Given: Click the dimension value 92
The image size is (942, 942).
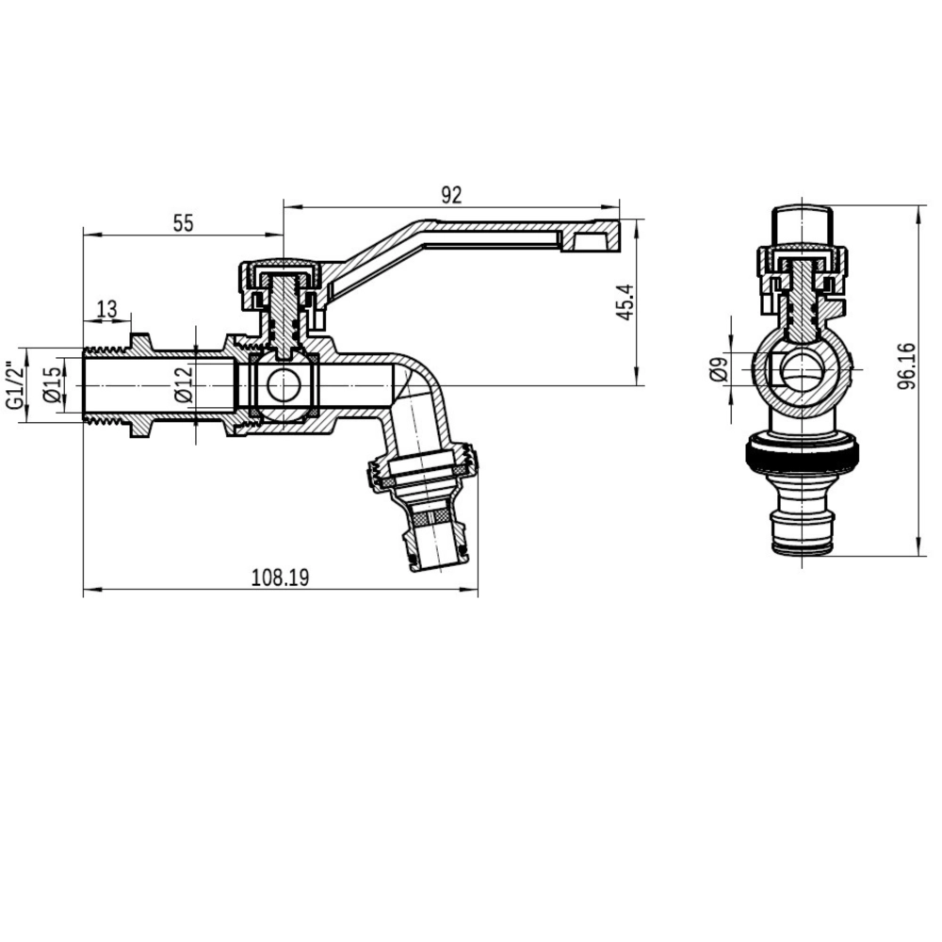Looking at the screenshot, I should tap(451, 195).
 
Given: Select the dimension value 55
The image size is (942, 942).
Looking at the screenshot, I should tap(183, 223).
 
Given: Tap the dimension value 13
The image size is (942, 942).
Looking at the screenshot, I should tap(106, 309).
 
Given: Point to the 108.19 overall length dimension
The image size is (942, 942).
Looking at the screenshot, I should tap(280, 577).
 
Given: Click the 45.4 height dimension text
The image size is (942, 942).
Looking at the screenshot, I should tap(625, 301).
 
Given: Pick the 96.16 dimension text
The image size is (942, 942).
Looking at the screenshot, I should tap(906, 366).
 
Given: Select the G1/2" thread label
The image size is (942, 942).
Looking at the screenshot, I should tap(14, 385).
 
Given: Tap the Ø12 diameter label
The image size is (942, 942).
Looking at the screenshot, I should tap(185, 384).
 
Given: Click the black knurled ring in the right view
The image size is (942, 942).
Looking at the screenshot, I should tap(801, 456).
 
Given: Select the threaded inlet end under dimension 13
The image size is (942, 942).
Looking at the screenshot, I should tap(106, 385).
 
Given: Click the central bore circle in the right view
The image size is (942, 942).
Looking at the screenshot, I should tap(802, 368).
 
